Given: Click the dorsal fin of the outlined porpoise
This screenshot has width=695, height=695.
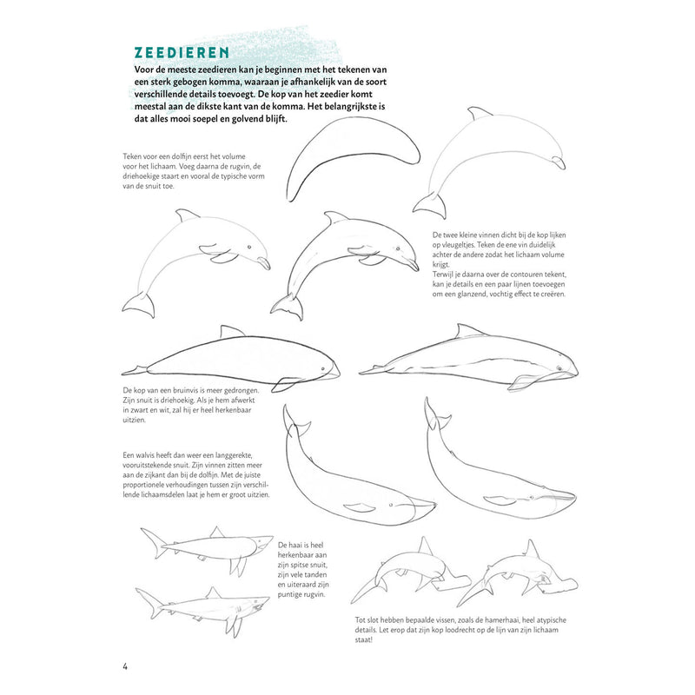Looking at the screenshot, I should point(231,331).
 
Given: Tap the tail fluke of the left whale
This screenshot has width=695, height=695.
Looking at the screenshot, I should point(296,420).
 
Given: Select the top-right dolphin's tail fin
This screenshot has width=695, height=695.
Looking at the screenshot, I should point(430,205).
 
